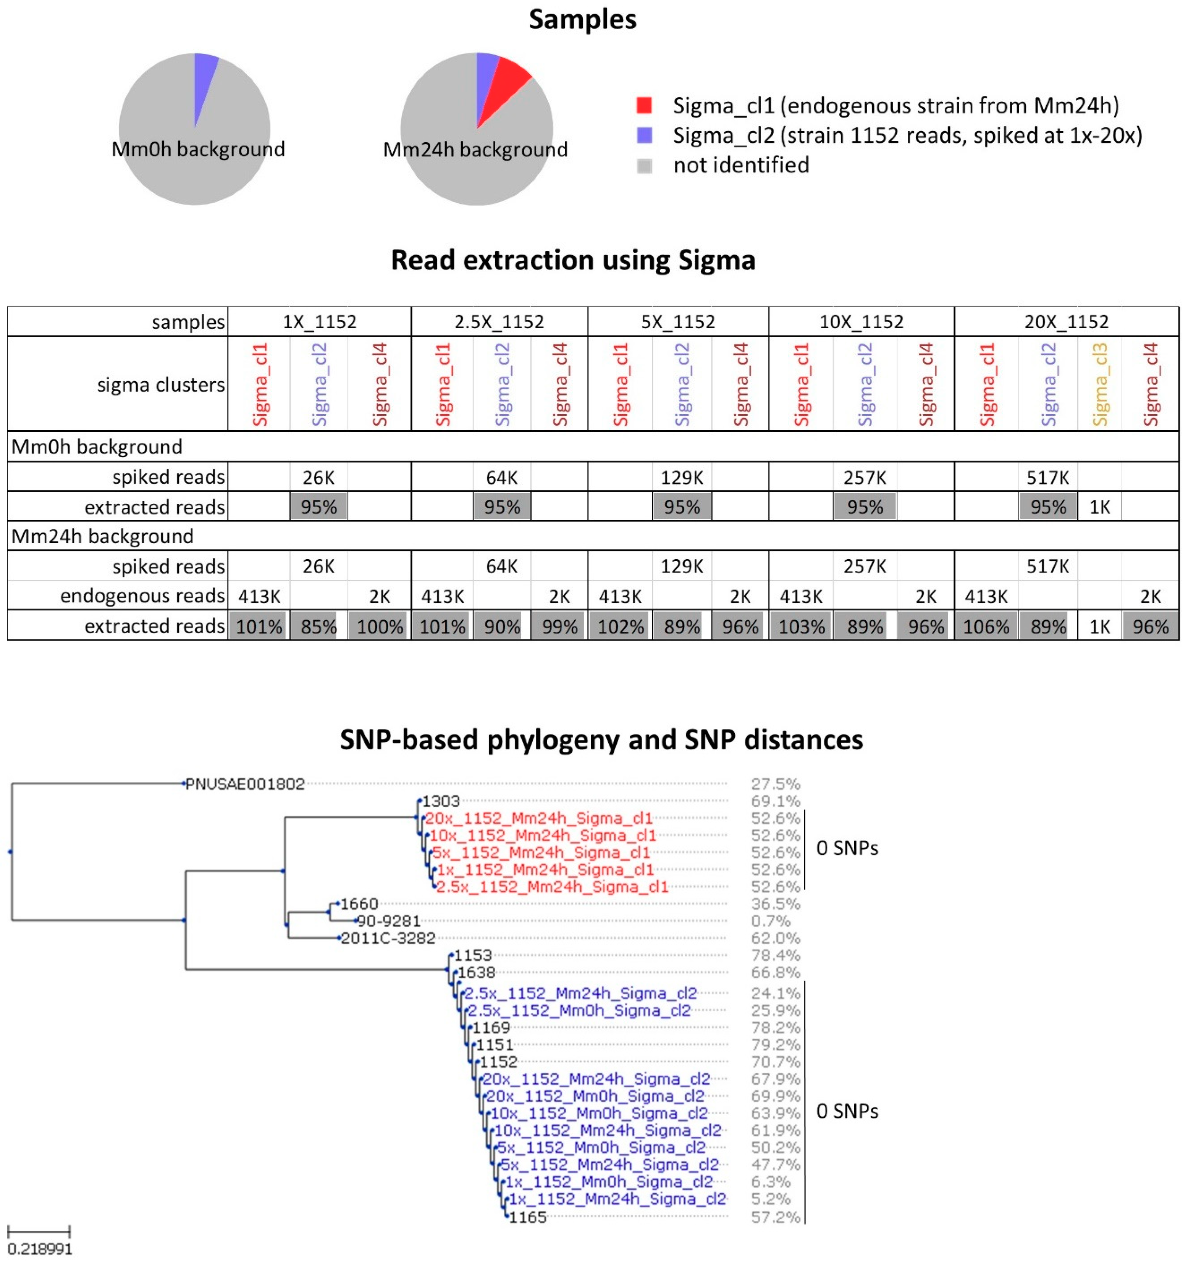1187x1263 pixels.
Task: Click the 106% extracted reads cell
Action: click(x=986, y=626)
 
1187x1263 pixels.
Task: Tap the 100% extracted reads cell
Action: click(x=379, y=626)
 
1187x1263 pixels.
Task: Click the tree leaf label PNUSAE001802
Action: click(x=245, y=784)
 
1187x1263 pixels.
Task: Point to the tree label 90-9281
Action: click(x=389, y=921)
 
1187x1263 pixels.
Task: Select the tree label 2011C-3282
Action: click(x=388, y=938)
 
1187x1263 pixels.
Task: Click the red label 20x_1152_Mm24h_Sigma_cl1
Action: click(x=539, y=818)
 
